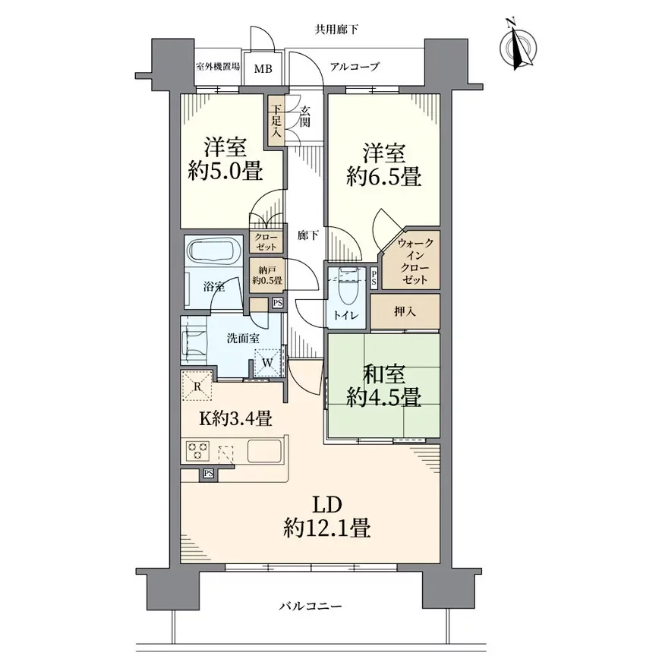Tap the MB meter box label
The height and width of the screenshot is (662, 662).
(x=263, y=68)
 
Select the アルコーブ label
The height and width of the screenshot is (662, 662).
(x=355, y=66)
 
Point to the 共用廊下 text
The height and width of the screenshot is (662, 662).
(x=336, y=30)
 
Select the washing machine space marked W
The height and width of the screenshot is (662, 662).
(x=268, y=362)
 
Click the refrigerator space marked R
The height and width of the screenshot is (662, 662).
(x=197, y=386)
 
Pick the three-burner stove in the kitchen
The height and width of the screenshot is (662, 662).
(x=197, y=451)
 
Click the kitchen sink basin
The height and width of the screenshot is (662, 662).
(x=264, y=451)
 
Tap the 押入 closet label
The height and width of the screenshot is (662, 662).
(x=405, y=311)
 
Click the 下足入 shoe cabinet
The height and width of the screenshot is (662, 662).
(x=276, y=121)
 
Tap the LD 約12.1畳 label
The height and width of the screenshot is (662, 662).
(x=327, y=516)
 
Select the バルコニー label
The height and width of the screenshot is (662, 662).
(x=311, y=607)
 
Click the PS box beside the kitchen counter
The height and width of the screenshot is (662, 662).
(x=208, y=473)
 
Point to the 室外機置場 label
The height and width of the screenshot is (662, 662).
(x=218, y=67)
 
